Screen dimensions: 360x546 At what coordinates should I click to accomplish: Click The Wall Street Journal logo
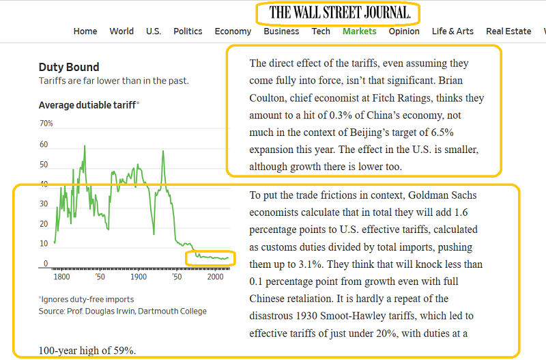click(x=339, y=12)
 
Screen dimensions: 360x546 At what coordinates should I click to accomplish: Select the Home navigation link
click(x=85, y=31)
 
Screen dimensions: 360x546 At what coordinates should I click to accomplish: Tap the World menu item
click(x=121, y=31)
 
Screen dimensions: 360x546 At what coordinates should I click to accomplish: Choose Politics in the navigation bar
click(x=188, y=31)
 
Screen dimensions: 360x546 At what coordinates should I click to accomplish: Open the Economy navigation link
click(x=233, y=31)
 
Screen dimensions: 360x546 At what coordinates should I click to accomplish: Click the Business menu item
click(x=281, y=31)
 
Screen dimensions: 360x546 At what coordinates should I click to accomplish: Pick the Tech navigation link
click(x=321, y=31)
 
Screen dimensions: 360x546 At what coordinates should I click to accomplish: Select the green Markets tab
click(x=360, y=31)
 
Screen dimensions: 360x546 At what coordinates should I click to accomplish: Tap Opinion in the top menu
click(x=404, y=31)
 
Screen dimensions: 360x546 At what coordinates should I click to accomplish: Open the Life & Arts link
click(x=452, y=31)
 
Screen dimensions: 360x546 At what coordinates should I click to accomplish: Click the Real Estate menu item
click(x=508, y=31)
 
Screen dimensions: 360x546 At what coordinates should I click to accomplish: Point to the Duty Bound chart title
click(x=69, y=67)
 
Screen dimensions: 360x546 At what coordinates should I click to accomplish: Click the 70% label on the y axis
click(x=46, y=124)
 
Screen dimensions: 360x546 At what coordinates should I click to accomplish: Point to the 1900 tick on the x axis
click(x=139, y=278)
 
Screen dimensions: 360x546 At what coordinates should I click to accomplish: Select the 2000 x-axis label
click(x=216, y=278)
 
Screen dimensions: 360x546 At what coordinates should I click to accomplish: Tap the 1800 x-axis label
click(x=61, y=278)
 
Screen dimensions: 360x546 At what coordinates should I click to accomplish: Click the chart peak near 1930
click(x=163, y=151)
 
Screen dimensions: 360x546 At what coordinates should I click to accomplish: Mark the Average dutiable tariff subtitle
click(x=88, y=105)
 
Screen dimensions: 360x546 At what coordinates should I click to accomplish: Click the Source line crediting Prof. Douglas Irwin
click(x=122, y=311)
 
